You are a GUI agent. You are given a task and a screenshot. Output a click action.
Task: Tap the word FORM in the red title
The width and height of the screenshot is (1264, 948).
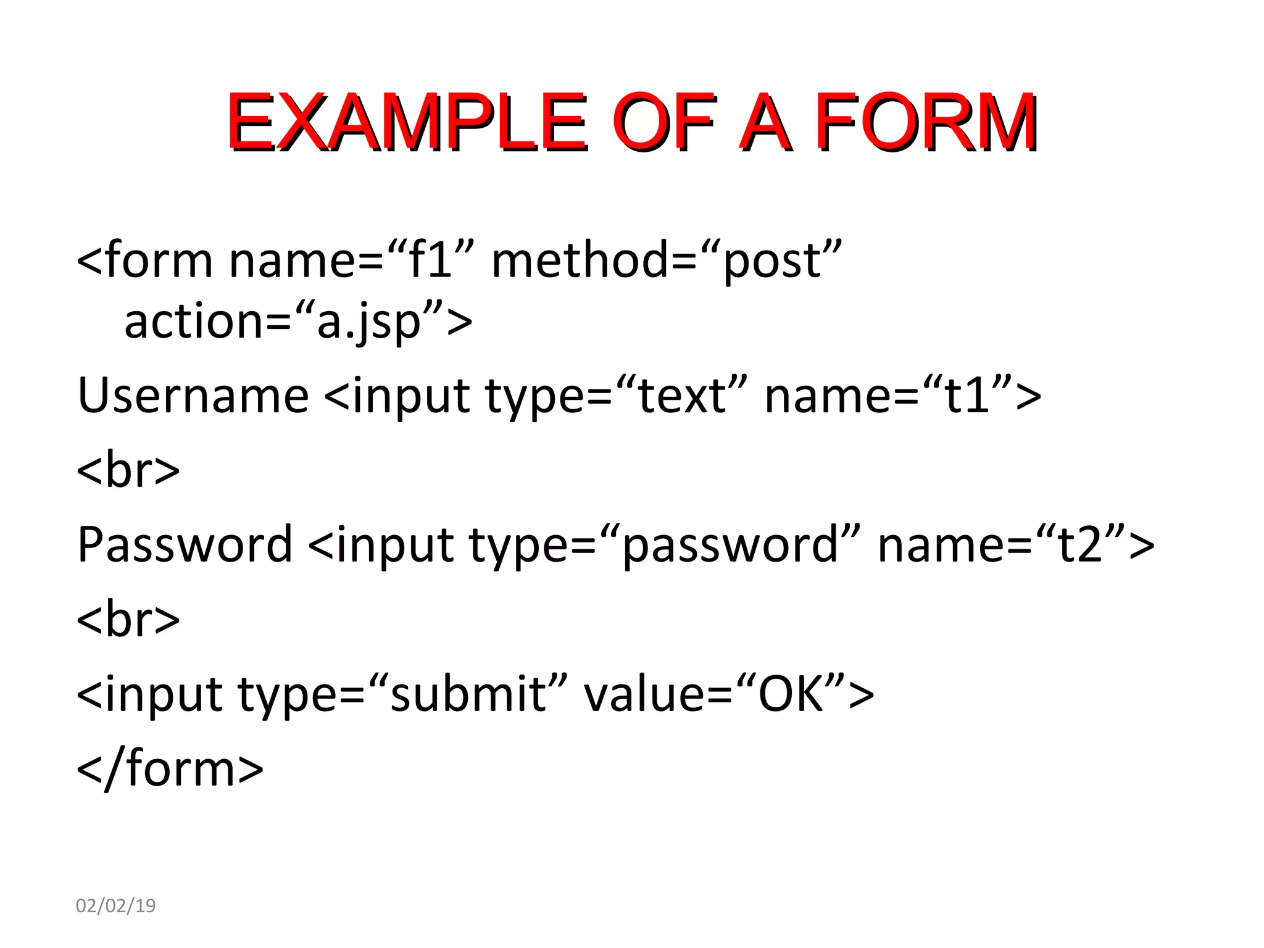tap(926, 122)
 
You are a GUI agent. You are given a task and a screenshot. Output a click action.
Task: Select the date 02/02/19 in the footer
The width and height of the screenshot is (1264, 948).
tap(115, 905)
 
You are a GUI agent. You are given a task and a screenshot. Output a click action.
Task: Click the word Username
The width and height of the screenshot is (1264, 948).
tap(193, 396)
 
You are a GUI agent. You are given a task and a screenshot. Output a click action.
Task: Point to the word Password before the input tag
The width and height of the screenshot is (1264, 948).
tap(185, 544)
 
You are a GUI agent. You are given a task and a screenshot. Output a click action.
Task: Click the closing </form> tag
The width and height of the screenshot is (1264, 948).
tap(170, 768)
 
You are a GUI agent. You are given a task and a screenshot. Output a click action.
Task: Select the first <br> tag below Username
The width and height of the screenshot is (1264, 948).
tap(128, 470)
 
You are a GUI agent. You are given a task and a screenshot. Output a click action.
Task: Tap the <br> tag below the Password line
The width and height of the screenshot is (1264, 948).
tap(128, 619)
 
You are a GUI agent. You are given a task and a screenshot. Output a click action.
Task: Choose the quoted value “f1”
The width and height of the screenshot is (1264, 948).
tap(432, 260)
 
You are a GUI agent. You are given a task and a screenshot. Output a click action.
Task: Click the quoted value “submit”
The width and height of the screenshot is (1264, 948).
tap(468, 694)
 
